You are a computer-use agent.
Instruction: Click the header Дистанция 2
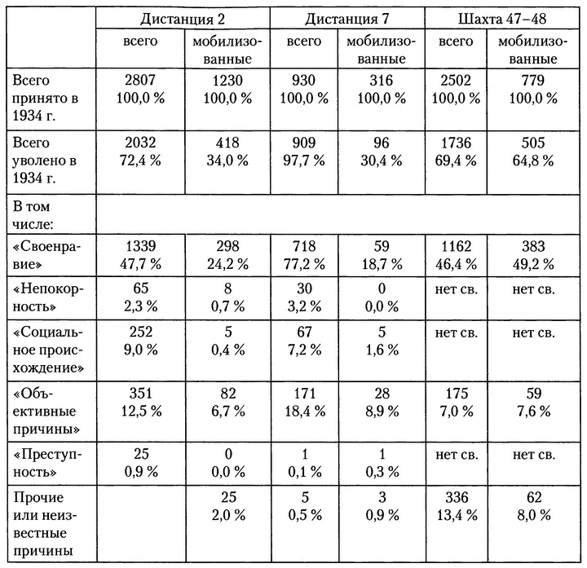point(183,19)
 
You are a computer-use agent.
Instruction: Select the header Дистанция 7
point(350,19)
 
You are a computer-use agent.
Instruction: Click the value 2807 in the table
point(140,81)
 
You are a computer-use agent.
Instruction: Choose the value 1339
point(140,245)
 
